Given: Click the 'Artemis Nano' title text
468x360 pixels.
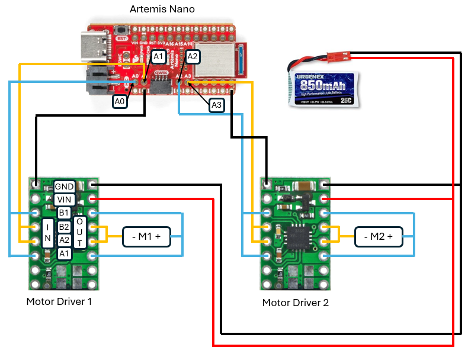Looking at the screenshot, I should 162,9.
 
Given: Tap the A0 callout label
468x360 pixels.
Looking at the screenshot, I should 120,101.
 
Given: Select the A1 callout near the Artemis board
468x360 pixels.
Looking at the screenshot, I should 158,57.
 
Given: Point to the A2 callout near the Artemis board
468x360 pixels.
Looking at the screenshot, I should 193,57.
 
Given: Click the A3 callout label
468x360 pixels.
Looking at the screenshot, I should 217,105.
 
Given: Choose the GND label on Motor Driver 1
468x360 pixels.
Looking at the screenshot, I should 65,187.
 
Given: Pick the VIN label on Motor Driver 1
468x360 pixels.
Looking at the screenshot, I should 65,200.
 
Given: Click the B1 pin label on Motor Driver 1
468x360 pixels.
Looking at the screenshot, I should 65,213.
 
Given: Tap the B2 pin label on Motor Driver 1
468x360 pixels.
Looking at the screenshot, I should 65,227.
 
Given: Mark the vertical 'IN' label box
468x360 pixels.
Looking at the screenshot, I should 47,233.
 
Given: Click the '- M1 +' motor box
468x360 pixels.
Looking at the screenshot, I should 146,236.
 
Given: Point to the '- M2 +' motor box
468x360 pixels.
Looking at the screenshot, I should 378,236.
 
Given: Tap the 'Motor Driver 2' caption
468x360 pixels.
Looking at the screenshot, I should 295,303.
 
